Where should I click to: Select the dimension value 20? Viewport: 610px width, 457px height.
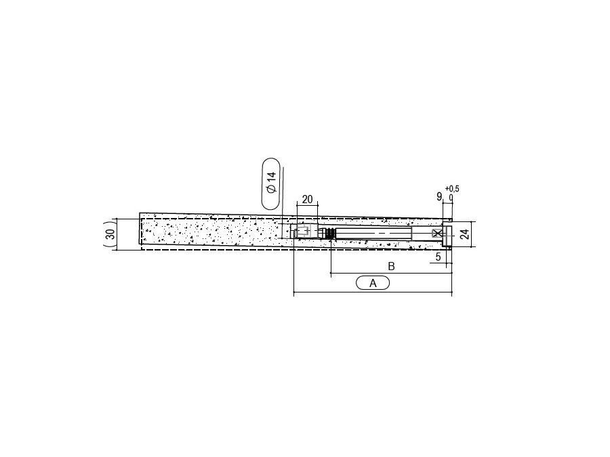tap(307, 199)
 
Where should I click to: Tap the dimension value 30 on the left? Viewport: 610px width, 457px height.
tap(110, 234)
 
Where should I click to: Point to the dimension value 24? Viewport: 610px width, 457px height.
tap(464, 234)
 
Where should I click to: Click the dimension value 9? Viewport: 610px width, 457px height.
tap(439, 196)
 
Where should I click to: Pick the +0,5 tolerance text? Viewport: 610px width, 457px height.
tap(452, 189)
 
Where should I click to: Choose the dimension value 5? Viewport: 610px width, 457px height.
tap(438, 257)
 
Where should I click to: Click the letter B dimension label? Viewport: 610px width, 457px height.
tap(391, 266)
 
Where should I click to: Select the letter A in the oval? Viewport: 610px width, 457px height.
tap(373, 283)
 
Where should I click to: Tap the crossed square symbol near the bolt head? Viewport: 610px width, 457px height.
tap(437, 234)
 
